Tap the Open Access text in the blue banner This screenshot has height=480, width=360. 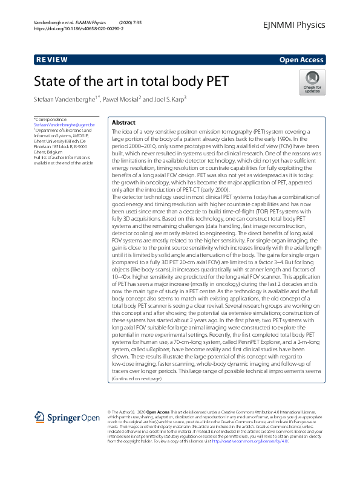[302, 60]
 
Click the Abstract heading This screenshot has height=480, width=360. [123, 122]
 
